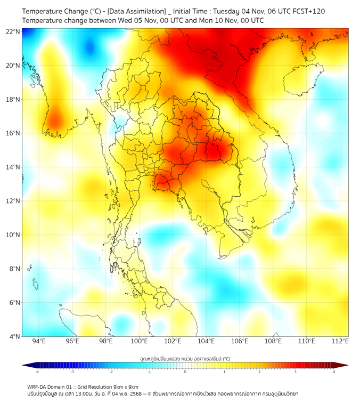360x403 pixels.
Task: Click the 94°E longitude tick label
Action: click(x=39, y=341)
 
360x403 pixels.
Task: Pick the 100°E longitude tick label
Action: click(x=139, y=341)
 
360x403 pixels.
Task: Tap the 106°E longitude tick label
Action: click(x=240, y=341)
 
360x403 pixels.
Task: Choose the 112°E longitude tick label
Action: click(x=340, y=341)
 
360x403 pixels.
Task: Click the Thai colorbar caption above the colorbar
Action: click(x=185, y=359)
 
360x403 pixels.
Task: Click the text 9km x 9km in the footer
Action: click(x=125, y=386)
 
